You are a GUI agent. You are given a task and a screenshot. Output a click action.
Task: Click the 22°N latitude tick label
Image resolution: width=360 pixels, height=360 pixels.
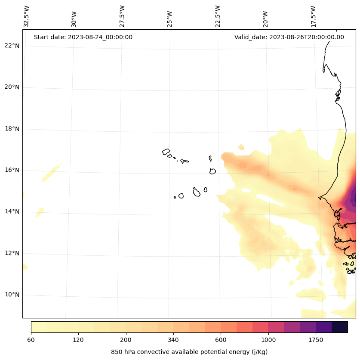11,46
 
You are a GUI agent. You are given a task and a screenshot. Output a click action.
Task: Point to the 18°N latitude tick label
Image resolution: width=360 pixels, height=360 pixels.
11,129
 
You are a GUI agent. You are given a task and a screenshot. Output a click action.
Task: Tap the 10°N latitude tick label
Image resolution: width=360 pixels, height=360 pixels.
11,295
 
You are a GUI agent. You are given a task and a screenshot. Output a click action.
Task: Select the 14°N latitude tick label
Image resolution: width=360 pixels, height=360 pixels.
11,212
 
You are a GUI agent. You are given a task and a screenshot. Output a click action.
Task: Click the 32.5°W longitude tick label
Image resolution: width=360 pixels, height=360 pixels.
27,16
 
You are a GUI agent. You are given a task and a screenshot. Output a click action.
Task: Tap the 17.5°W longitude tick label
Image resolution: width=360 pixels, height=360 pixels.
313,16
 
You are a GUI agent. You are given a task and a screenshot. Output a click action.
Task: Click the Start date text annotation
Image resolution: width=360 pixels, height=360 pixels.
83,37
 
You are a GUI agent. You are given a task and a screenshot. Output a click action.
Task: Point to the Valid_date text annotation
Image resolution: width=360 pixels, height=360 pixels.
289,37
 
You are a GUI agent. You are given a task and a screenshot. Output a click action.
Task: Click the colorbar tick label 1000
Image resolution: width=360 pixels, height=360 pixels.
268,340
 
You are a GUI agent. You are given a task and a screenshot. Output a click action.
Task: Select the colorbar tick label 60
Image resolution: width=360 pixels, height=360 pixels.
31,340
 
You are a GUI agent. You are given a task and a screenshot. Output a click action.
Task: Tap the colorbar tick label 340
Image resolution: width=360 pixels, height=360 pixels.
173,340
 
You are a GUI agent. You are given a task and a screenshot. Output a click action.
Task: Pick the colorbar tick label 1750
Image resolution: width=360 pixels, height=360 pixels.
316,340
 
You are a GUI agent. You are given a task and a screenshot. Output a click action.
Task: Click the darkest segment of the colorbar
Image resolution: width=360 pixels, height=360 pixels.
339,327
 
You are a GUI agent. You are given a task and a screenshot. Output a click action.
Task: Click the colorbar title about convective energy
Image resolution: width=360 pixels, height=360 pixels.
189,352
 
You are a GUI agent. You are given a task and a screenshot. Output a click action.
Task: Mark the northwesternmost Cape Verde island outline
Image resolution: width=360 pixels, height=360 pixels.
166,152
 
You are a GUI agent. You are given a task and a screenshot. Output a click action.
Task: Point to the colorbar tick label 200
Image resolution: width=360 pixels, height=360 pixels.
126,340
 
